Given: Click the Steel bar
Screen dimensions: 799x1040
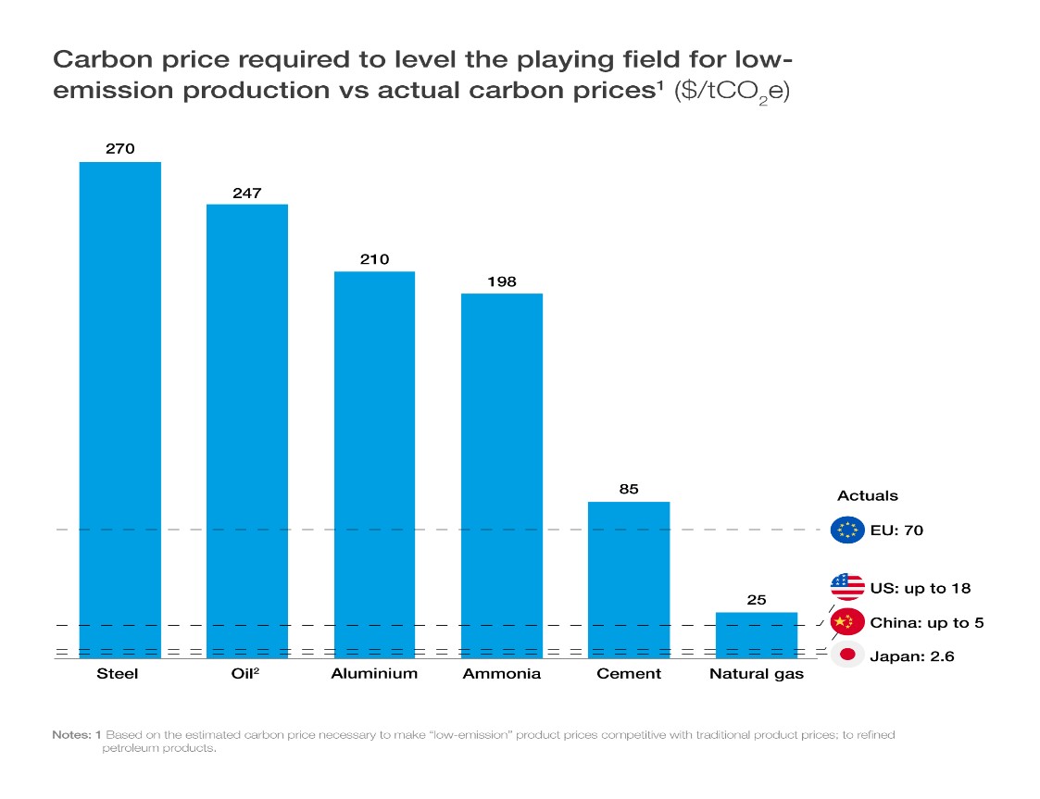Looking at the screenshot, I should (x=120, y=409).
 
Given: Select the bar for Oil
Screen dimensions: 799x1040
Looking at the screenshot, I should (x=247, y=431).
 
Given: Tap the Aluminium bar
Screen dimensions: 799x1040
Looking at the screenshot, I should (x=374, y=464).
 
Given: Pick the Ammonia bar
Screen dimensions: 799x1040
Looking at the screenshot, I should (x=501, y=475).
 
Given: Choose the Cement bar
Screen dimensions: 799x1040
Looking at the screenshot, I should (x=629, y=580).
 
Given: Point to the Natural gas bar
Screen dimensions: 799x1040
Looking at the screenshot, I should (x=757, y=635).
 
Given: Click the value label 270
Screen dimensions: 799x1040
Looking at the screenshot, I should (x=120, y=147).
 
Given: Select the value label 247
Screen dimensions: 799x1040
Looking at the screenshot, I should (x=247, y=193).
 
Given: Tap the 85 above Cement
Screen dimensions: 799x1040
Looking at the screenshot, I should (x=629, y=489).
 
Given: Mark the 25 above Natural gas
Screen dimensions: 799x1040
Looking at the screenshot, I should (x=757, y=600).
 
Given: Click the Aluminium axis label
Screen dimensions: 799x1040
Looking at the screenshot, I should (x=374, y=673).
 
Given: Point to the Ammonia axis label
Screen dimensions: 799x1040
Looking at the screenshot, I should (x=501, y=673).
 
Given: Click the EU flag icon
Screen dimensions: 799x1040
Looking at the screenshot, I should (x=846, y=531).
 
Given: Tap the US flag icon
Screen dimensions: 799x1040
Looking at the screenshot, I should (x=846, y=587).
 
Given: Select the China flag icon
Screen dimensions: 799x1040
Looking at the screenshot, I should (x=846, y=622).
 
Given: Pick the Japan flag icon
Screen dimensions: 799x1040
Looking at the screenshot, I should (x=846, y=655).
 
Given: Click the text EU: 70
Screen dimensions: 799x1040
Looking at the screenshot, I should (x=896, y=531).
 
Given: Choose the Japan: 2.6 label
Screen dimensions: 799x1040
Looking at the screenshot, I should (x=911, y=656).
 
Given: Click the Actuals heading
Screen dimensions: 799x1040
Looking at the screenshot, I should (x=868, y=496).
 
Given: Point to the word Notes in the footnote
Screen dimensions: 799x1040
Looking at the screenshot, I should (x=71, y=734).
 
